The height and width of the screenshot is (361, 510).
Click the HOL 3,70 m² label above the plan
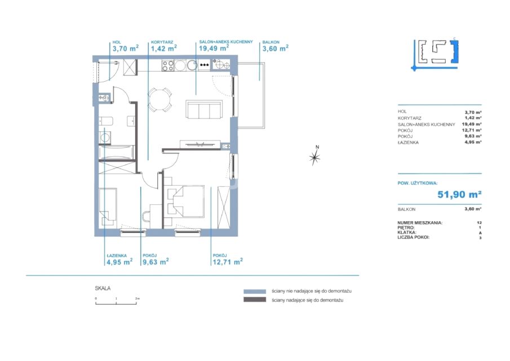126,47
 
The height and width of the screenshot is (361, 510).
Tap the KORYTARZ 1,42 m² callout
163,47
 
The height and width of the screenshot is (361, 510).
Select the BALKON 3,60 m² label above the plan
275,47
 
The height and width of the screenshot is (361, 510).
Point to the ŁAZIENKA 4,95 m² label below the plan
119,260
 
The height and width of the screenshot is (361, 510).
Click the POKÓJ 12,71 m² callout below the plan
228,260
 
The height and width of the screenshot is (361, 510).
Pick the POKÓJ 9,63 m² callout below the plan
156,260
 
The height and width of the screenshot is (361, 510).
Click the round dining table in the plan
159,100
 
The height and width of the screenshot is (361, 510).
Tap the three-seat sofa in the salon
204,109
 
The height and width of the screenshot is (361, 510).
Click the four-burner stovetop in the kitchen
168,65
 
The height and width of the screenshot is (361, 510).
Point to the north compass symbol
315,157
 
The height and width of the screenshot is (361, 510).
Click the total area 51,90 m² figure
459,195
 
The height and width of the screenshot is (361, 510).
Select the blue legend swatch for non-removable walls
255,292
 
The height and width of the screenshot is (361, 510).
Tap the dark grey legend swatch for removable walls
255,300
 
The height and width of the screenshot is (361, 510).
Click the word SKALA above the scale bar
103,288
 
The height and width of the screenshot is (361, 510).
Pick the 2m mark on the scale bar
136,299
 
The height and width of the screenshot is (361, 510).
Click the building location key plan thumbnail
435,55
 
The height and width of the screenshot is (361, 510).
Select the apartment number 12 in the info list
479,223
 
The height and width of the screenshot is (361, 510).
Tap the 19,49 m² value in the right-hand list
472,124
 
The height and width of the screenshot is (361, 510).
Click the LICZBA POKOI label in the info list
414,237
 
